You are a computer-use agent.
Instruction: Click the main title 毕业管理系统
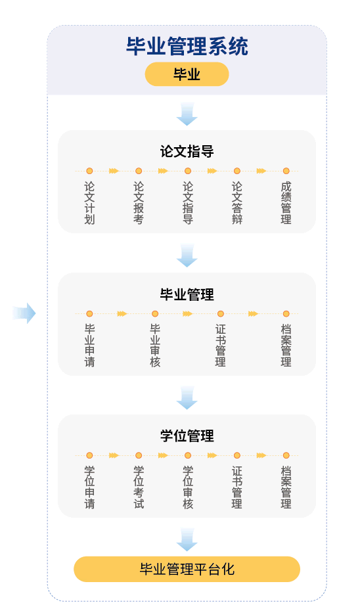click(x=187, y=47)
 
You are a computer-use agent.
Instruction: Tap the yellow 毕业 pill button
click(x=187, y=74)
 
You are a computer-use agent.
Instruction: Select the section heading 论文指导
click(x=187, y=151)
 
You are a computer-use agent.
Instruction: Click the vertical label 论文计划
click(x=89, y=203)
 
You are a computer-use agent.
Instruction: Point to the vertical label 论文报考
click(x=139, y=203)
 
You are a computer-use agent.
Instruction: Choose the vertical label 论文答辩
click(x=237, y=203)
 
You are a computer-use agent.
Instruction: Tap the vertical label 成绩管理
click(x=286, y=203)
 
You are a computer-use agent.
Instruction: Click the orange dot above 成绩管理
click(x=286, y=171)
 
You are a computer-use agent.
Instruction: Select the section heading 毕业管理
click(x=187, y=294)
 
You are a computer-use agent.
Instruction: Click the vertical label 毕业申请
click(x=89, y=346)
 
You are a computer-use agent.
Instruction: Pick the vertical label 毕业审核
click(x=155, y=346)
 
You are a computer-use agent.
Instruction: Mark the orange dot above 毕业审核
click(x=155, y=313)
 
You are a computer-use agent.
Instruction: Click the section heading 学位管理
click(x=187, y=436)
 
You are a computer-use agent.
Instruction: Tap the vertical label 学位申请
click(x=89, y=487)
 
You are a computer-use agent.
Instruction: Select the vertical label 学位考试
click(x=139, y=487)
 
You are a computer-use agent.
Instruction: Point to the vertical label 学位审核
click(x=188, y=487)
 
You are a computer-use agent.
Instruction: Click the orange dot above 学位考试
click(x=139, y=455)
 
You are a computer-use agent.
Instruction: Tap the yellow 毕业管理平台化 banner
click(x=187, y=570)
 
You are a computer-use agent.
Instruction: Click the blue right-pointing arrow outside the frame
click(x=24, y=313)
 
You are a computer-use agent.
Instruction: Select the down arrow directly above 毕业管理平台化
click(x=187, y=539)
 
